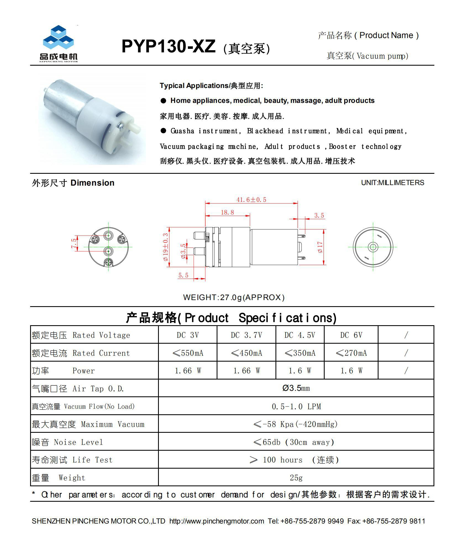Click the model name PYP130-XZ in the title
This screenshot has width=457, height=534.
168,46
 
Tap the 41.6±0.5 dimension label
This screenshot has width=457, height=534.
251,200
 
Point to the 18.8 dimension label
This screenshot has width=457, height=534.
227,212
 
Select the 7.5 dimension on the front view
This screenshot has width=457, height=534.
74,243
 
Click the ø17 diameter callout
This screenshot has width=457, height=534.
320,247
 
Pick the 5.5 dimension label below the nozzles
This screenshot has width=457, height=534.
183,275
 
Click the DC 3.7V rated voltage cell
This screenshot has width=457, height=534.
246,335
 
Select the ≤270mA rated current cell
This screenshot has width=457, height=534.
351,353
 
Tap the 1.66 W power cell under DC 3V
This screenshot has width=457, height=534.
188,371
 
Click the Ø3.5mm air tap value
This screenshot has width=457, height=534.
296,388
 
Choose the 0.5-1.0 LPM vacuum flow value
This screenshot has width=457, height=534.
296,406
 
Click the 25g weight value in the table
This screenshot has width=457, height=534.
296,477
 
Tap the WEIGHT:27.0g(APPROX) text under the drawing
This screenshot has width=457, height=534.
234,297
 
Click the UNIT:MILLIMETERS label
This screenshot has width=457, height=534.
392,183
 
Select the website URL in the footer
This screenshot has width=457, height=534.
217,521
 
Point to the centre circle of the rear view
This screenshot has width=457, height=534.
373,247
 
